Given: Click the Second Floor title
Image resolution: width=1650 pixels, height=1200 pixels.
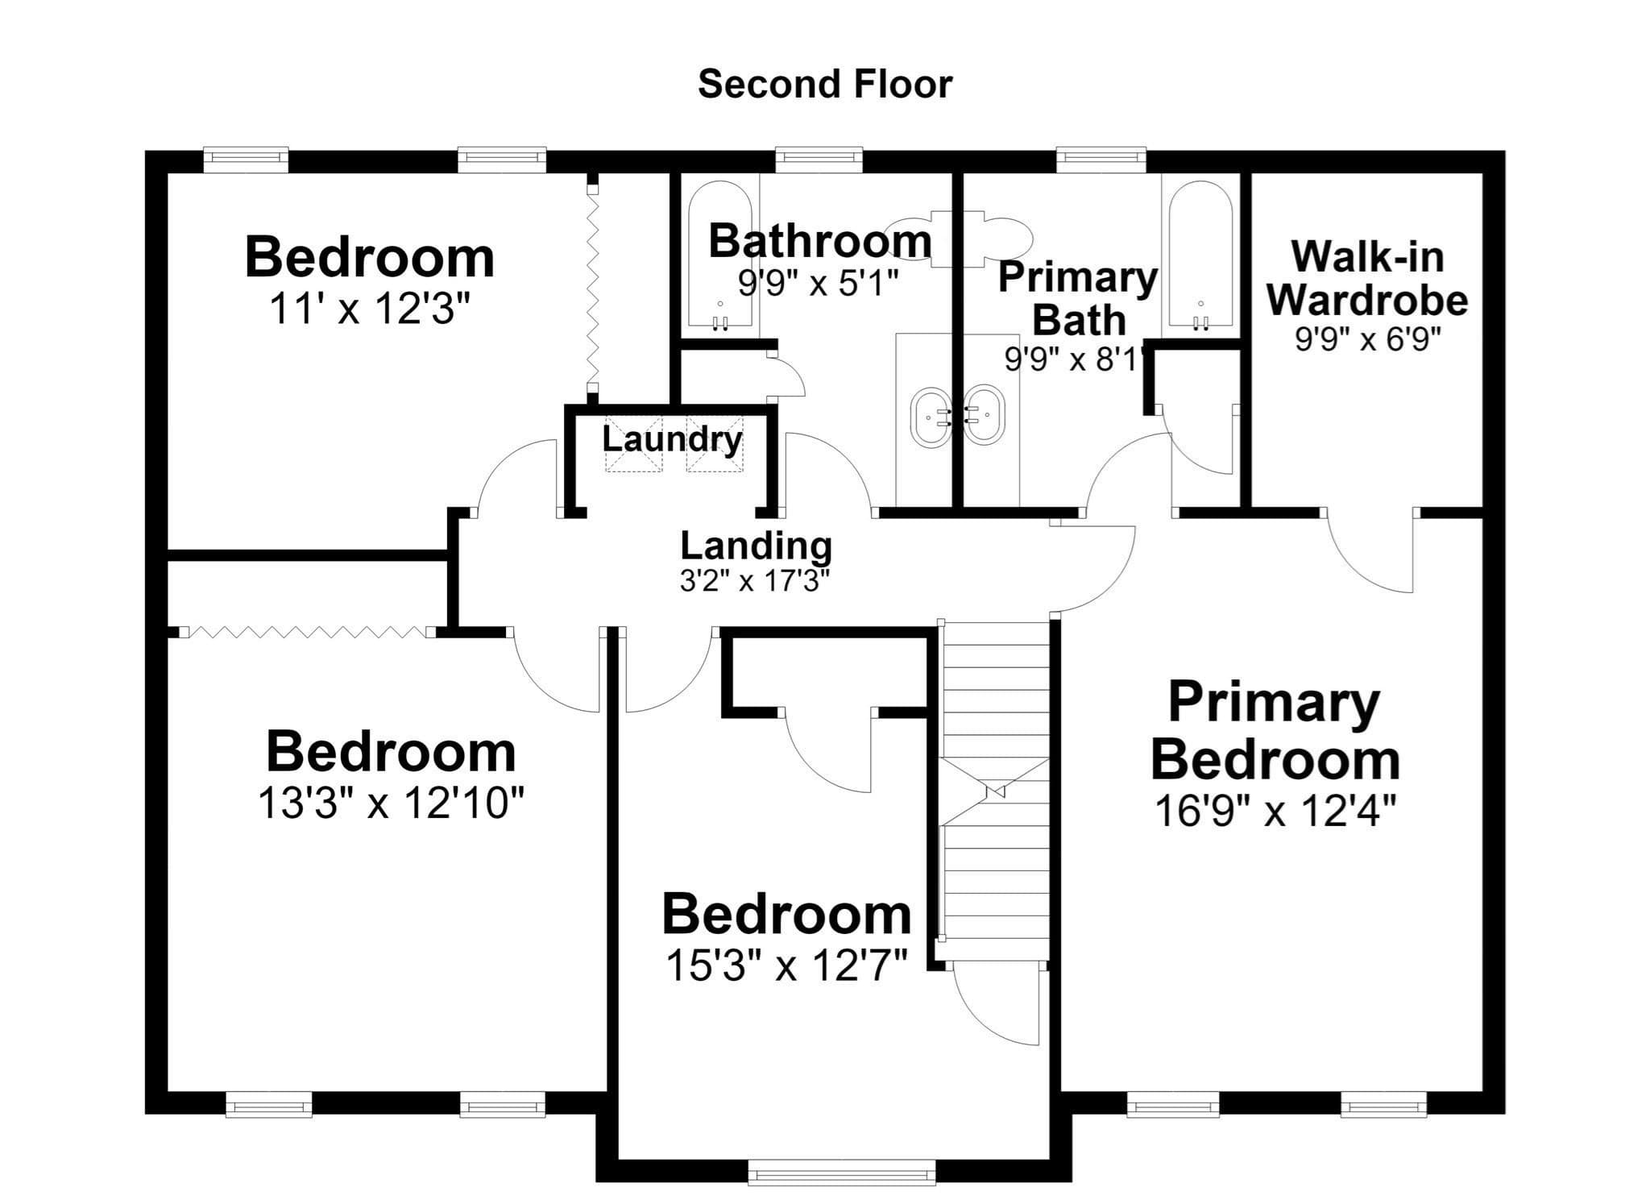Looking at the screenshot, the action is [825, 85].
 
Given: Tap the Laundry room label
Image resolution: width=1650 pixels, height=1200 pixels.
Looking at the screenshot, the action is [672, 439].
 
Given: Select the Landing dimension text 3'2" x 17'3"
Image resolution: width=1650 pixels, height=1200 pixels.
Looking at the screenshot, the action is [755, 580].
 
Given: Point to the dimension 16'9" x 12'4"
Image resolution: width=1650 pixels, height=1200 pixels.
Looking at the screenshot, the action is [1275, 811].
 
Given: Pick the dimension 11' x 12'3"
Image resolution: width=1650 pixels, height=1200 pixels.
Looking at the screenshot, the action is [370, 308].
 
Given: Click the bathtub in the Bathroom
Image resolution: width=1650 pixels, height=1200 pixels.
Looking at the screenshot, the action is [720, 257].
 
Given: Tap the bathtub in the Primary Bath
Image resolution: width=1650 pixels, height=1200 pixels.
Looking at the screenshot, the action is [1200, 257].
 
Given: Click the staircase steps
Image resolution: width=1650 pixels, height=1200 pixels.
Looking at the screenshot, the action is [997, 790].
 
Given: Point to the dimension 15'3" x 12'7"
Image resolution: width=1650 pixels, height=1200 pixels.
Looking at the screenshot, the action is [787, 965].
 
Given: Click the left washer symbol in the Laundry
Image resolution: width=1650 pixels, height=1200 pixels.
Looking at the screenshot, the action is [632, 443].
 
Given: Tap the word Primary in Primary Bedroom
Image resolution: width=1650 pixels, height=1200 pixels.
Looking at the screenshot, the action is [1274, 703].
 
